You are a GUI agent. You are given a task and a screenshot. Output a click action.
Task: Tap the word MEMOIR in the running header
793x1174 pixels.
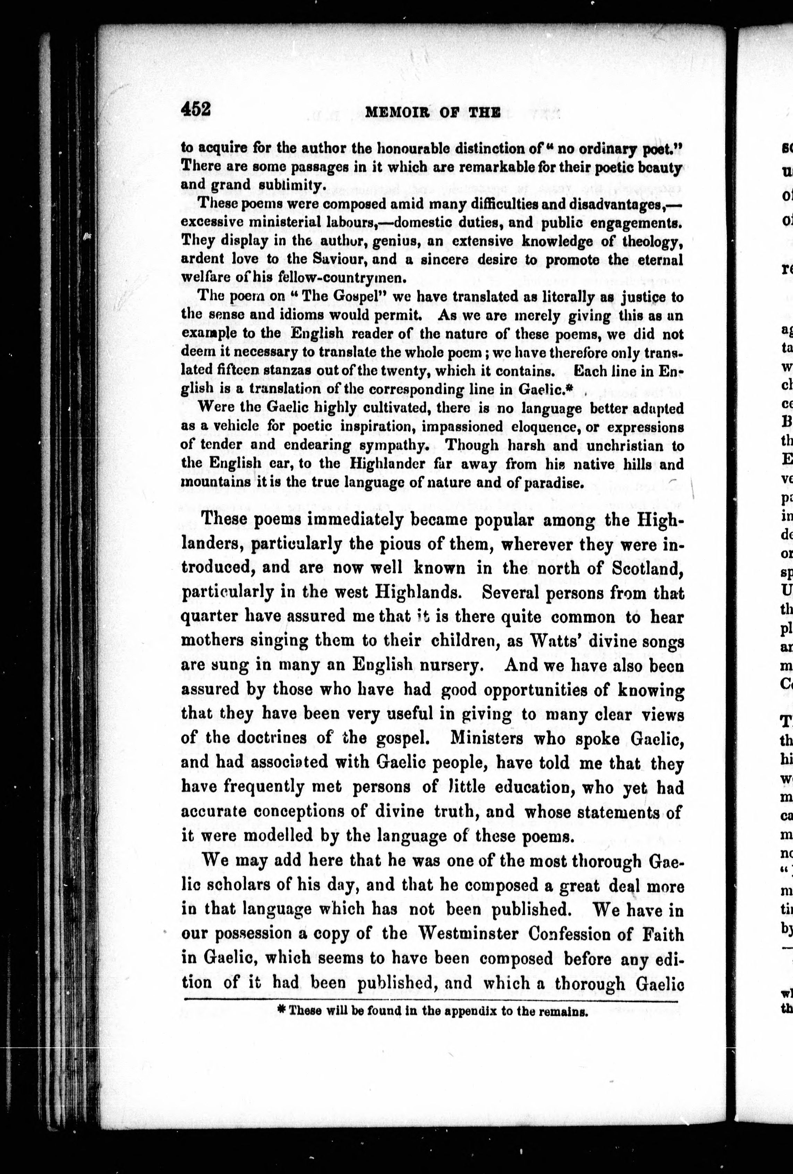[393, 113]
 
